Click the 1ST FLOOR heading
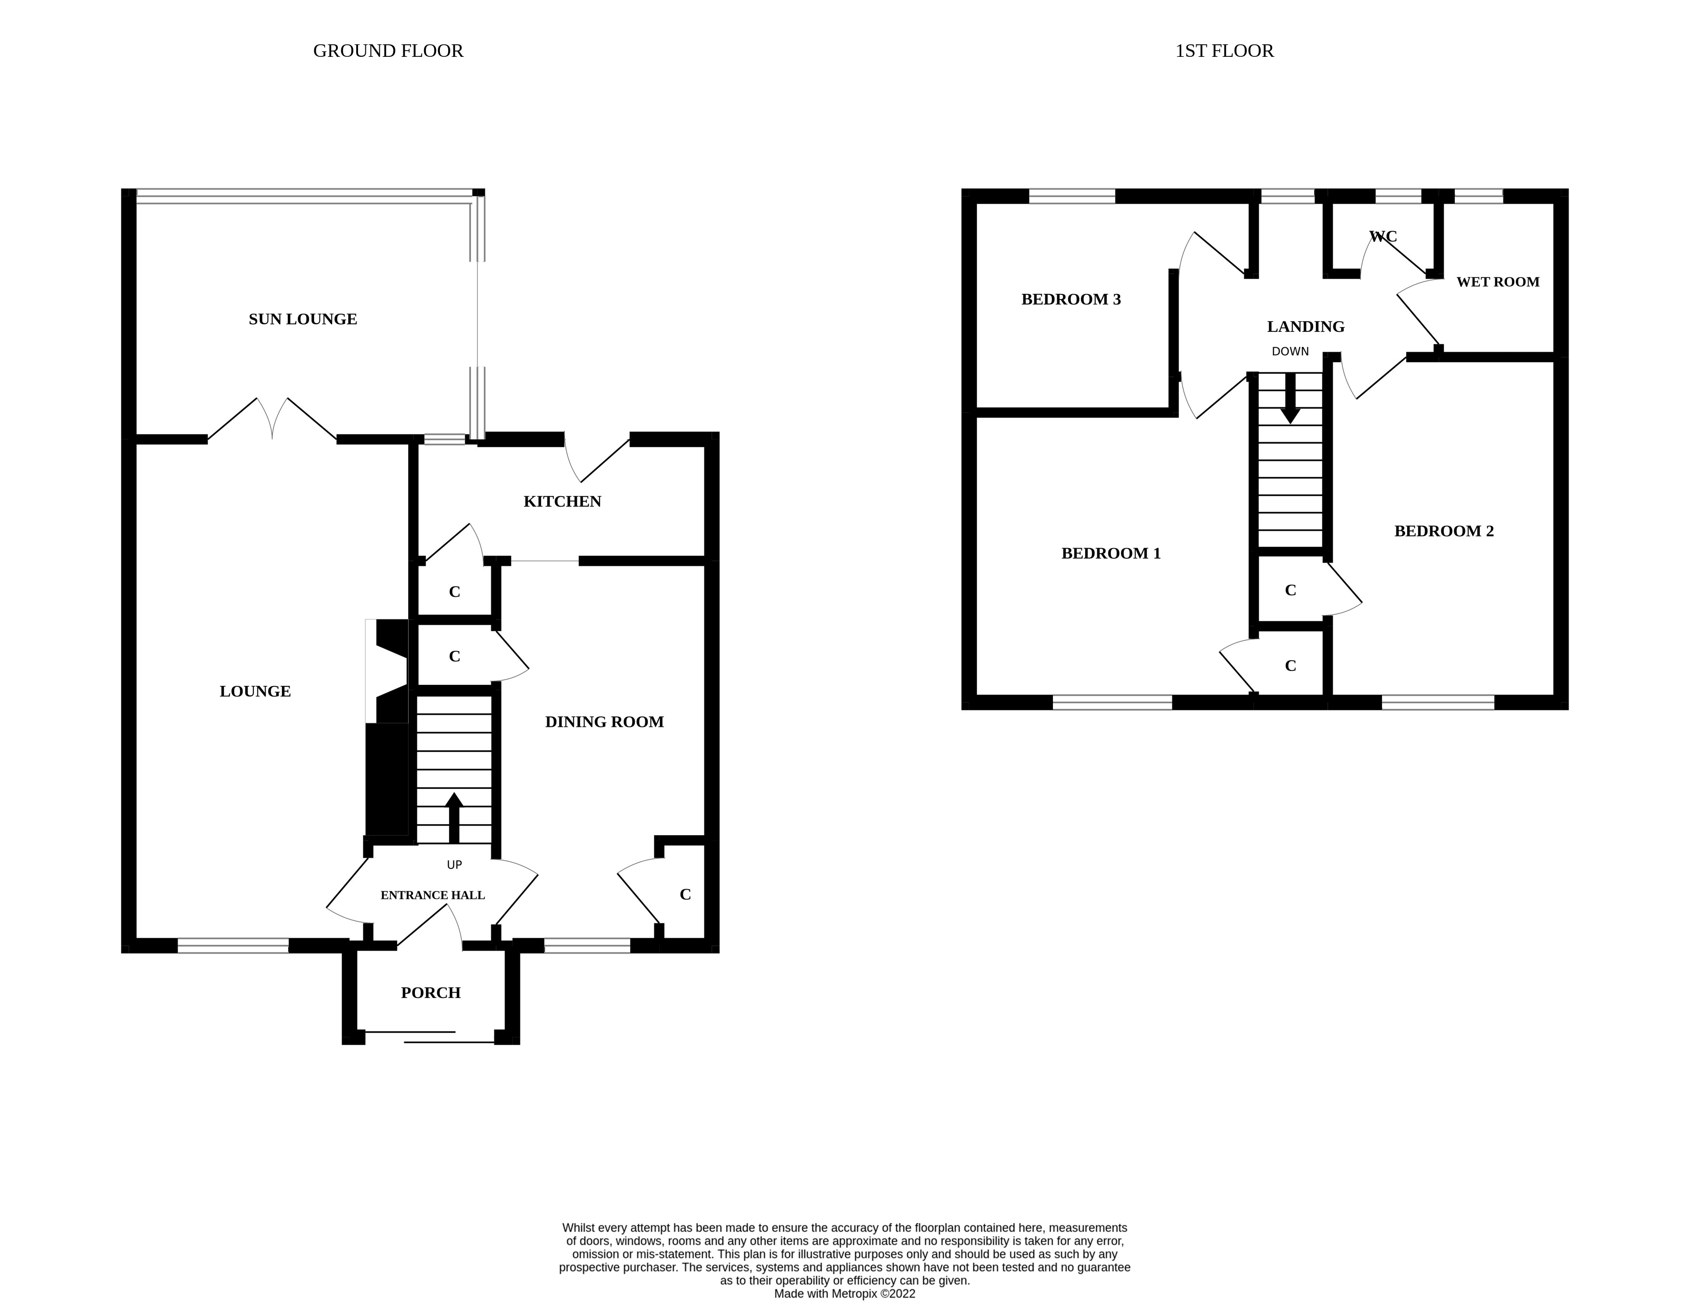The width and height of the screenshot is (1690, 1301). click(1224, 51)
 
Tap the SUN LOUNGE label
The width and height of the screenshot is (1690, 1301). click(303, 319)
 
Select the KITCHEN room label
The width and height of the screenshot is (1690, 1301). click(562, 502)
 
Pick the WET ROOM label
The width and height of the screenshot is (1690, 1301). click(1497, 282)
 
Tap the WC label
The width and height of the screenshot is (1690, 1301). click(1383, 237)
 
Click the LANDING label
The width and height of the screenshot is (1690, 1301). click(1305, 327)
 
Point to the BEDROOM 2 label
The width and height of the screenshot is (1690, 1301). click(1444, 531)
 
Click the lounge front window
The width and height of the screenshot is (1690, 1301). click(233, 945)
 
